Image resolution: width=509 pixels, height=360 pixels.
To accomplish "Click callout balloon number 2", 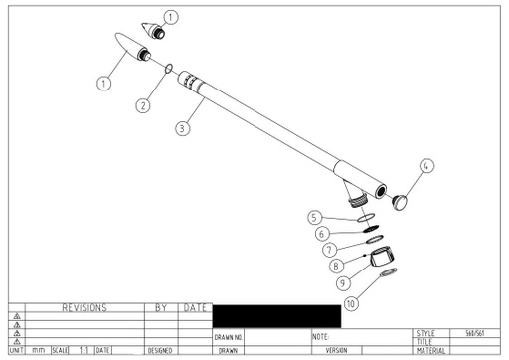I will (x=143, y=105).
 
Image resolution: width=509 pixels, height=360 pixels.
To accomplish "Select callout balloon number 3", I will (x=182, y=128).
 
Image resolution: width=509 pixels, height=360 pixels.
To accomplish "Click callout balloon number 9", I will (x=343, y=283).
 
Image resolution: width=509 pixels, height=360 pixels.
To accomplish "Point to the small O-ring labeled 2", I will (x=168, y=70).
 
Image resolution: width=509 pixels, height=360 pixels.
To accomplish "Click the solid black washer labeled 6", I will (x=366, y=228).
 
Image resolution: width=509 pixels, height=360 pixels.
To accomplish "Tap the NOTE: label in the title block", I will (x=321, y=338).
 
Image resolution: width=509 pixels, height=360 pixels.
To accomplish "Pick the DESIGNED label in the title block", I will (x=161, y=351).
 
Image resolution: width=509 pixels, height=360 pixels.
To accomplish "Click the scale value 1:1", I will (x=84, y=351).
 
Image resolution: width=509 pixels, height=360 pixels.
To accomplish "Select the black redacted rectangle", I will (x=275, y=317).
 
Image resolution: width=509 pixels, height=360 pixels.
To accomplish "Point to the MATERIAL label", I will (x=431, y=351).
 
